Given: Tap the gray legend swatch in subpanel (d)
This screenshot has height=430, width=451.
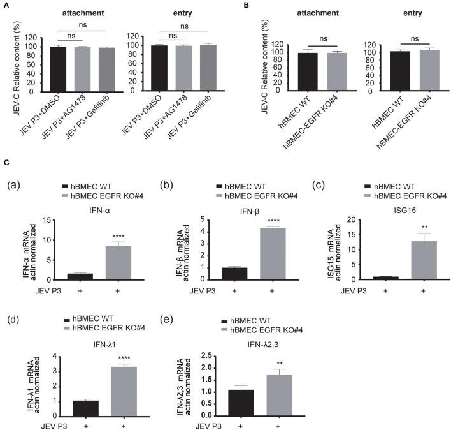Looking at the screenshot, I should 70,327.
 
